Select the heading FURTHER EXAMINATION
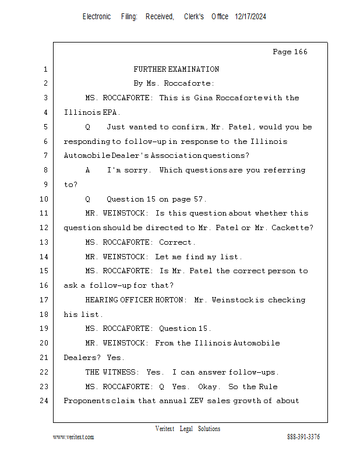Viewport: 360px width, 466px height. (x=176, y=69)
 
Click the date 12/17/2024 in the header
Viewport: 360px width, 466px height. (x=250, y=17)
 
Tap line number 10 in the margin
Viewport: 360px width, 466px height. (x=44, y=199)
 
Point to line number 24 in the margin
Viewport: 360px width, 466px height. (x=44, y=401)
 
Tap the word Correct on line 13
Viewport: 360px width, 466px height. (x=177, y=242)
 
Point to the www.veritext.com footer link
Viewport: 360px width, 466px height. (x=73, y=437)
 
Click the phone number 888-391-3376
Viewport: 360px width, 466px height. (x=303, y=437)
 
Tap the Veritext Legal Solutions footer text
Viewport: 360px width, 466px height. (x=188, y=429)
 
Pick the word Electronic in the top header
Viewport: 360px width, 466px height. (x=97, y=17)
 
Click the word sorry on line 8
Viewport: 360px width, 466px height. (x=142, y=170)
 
